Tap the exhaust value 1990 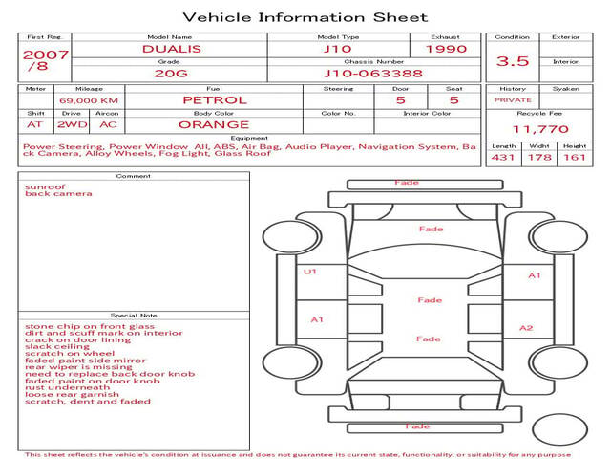446,49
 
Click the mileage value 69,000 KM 89,100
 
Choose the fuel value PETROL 214,99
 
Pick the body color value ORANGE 214,124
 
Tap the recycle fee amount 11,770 540,129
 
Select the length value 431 503,157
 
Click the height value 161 574,157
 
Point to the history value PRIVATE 513,99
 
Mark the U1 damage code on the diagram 309,272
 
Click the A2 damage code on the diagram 526,328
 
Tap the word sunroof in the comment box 45,186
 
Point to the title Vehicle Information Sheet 305,17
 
